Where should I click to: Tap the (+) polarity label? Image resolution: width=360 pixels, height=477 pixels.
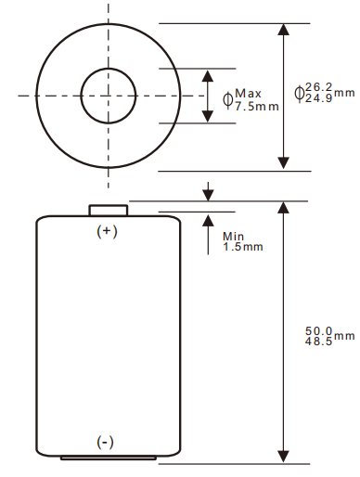click(x=109, y=231)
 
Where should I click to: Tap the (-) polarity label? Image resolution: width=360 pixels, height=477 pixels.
click(x=106, y=443)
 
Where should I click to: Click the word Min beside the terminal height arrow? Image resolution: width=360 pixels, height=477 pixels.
click(x=233, y=236)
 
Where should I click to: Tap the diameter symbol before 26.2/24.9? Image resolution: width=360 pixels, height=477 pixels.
click(x=299, y=92)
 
